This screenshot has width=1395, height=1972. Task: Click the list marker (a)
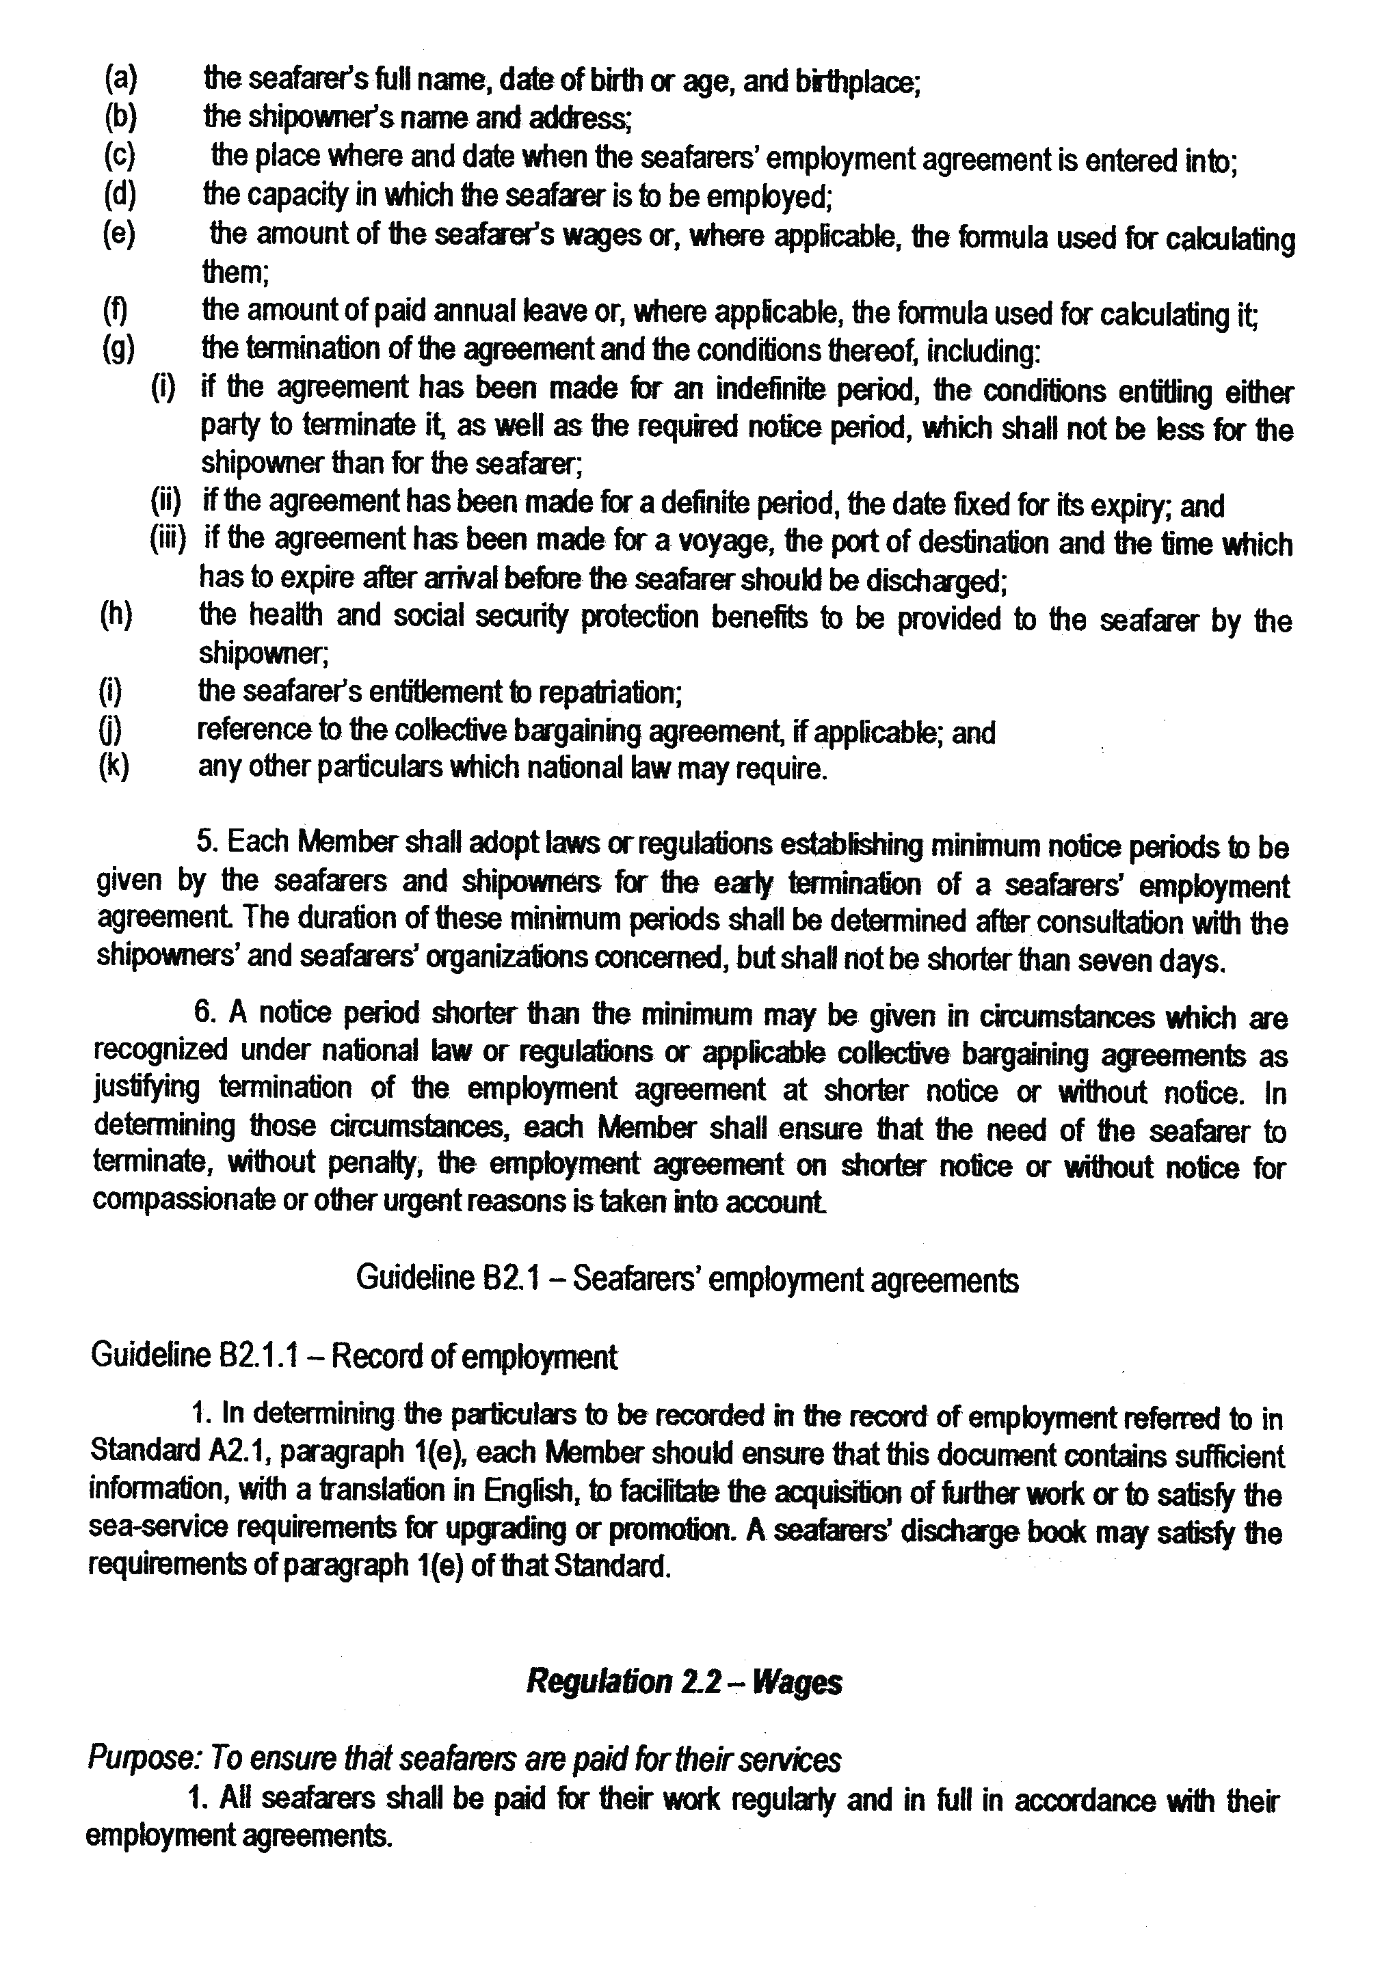point(120,79)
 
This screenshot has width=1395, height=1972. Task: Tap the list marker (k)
point(114,766)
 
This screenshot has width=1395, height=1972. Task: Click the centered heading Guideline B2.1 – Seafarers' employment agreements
point(687,1280)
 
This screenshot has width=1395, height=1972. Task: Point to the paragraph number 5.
point(207,841)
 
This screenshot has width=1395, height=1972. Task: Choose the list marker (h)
point(117,616)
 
